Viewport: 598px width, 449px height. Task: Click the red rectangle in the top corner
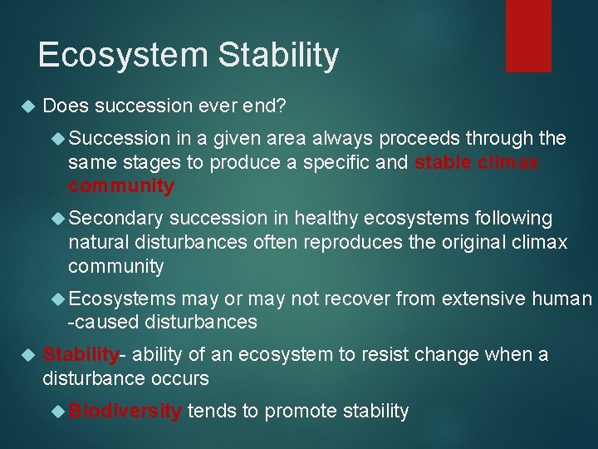click(528, 35)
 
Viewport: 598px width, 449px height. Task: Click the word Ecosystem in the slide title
click(122, 56)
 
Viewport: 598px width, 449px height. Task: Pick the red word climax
click(507, 162)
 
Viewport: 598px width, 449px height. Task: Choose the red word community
click(121, 186)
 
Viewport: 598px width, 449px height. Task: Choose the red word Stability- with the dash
click(84, 355)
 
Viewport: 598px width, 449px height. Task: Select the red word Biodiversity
click(125, 411)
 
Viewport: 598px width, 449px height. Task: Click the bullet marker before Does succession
click(26, 106)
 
